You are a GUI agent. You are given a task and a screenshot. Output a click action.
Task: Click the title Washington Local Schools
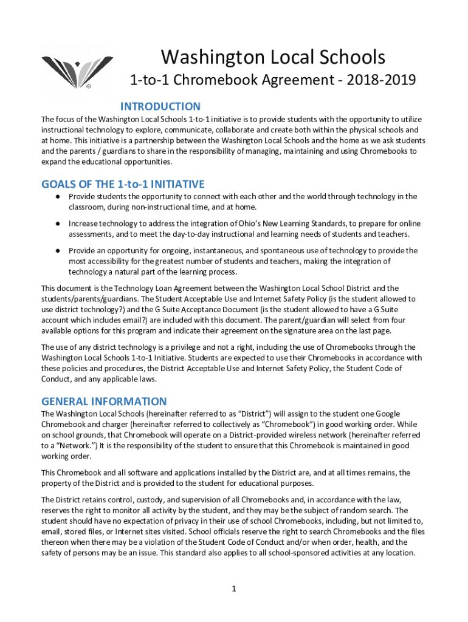(273, 57)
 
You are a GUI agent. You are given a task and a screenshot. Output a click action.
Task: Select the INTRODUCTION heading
(160, 106)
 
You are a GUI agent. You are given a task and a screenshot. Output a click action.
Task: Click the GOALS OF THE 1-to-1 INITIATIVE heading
(123, 184)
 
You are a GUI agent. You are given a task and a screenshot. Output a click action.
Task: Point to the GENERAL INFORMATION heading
(103, 402)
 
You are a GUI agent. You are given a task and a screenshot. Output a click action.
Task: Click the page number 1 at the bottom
(234, 589)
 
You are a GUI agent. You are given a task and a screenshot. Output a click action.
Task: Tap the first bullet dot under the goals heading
(57, 197)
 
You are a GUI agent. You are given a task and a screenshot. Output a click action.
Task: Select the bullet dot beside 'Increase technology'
(57, 224)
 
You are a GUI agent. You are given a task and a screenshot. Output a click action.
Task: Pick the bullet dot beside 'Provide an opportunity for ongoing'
(57, 250)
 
